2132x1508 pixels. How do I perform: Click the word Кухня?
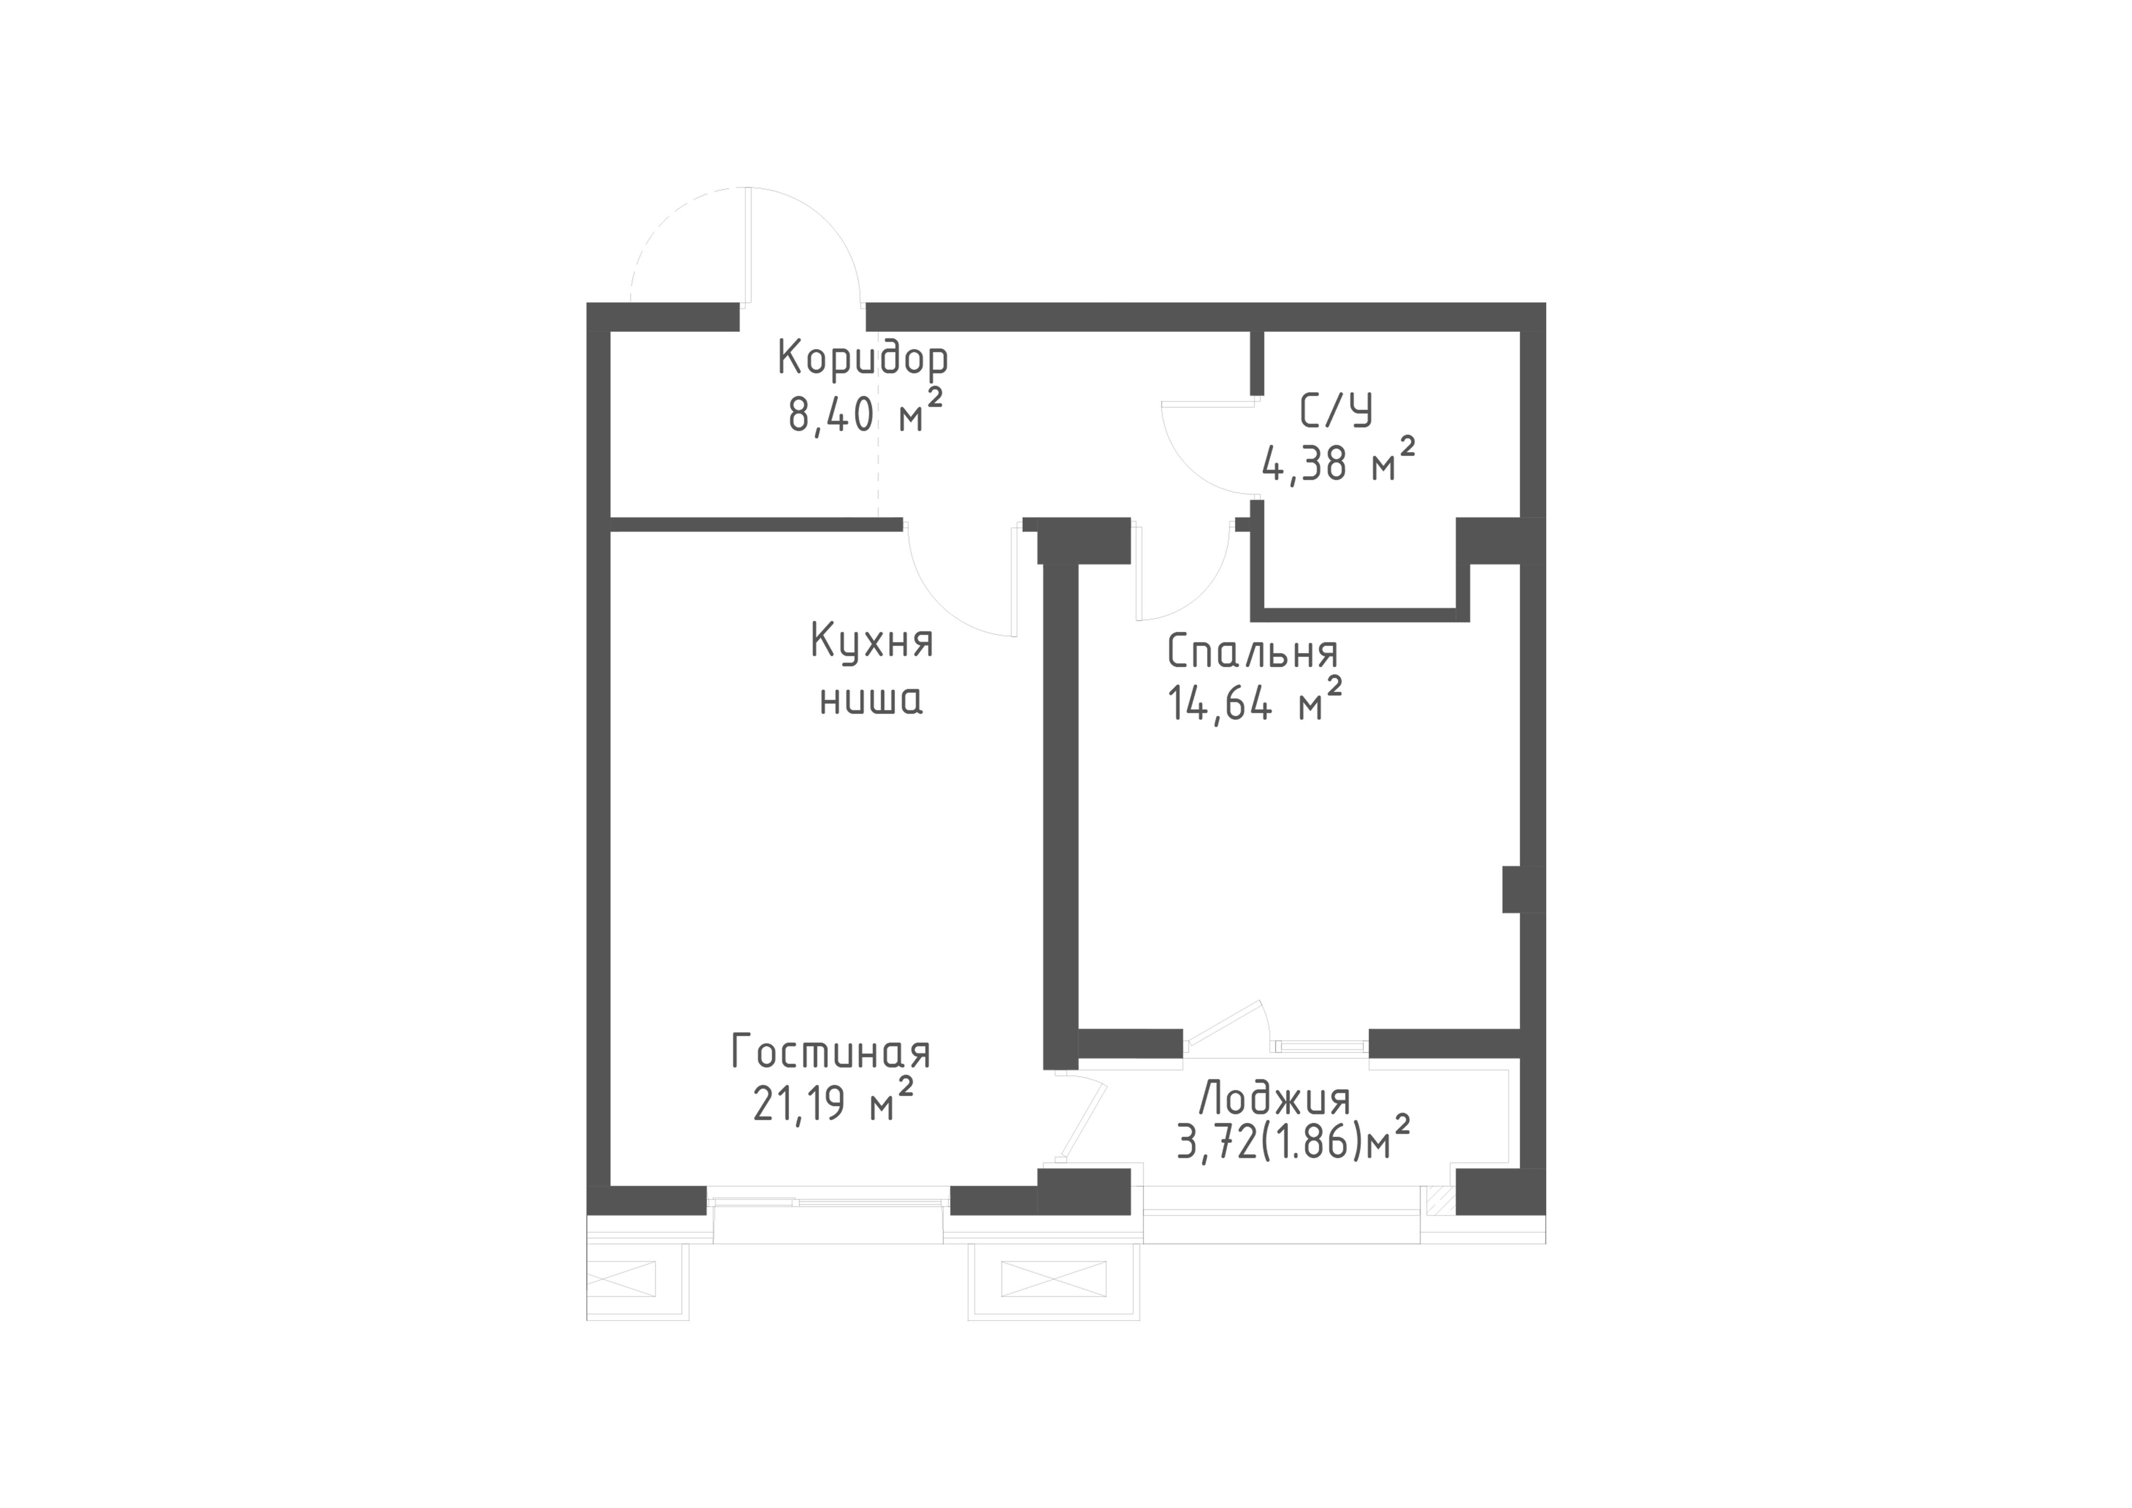point(872,641)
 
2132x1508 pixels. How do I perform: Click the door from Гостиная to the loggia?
point(1084,1119)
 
